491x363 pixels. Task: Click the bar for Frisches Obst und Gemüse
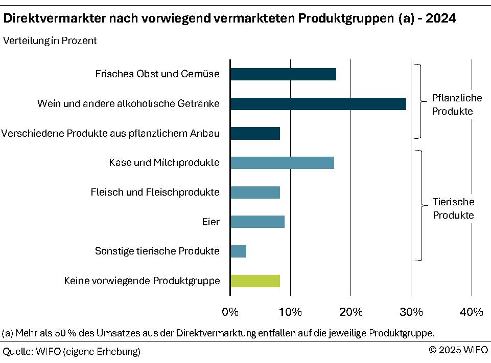pyautogui.click(x=283, y=74)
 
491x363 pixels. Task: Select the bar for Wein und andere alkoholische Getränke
pyautogui.click(x=318, y=104)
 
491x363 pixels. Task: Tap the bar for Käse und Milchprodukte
pyautogui.click(x=282, y=163)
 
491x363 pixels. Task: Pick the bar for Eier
pyautogui.click(x=258, y=222)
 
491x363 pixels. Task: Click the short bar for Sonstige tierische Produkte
pyautogui.click(x=239, y=251)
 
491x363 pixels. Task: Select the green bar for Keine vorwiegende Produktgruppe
pyautogui.click(x=255, y=281)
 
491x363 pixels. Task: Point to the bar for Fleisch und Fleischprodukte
pyautogui.click(x=255, y=193)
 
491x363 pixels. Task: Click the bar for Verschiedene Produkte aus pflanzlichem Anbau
pyautogui.click(x=255, y=134)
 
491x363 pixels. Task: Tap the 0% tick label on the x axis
pyautogui.click(x=230, y=312)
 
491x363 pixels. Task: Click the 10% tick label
pyautogui.click(x=290, y=312)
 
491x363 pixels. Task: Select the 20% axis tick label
pyautogui.click(x=350, y=312)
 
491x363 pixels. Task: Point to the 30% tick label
pyautogui.click(x=411, y=312)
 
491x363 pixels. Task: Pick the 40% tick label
pyautogui.click(x=471, y=312)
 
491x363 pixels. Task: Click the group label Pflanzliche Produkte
pyautogui.click(x=452, y=104)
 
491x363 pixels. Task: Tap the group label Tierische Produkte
pyautogui.click(x=453, y=208)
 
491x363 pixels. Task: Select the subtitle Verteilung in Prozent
pyautogui.click(x=50, y=41)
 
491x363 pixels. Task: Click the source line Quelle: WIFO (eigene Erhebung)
pyautogui.click(x=72, y=351)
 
